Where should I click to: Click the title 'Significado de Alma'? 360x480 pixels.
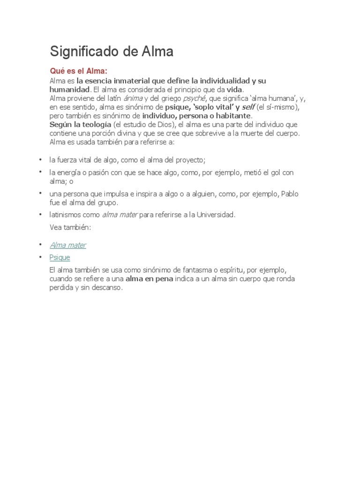point(112,52)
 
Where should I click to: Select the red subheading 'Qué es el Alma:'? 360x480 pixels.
point(79,71)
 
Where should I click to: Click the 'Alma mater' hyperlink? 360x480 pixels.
point(68,245)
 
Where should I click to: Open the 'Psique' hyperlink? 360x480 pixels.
point(60,257)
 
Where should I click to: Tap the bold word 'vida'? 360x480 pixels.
point(235,89)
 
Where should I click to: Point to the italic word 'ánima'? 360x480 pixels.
point(133,98)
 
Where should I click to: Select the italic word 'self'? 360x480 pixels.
point(248,107)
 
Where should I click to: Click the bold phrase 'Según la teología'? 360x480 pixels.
point(80,125)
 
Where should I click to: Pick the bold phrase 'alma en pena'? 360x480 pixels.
point(149,279)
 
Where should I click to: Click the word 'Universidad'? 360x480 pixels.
point(214,215)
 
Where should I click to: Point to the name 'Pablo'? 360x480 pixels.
point(290,194)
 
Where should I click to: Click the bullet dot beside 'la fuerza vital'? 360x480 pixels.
point(41,160)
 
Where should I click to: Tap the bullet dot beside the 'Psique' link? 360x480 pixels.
point(41,257)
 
